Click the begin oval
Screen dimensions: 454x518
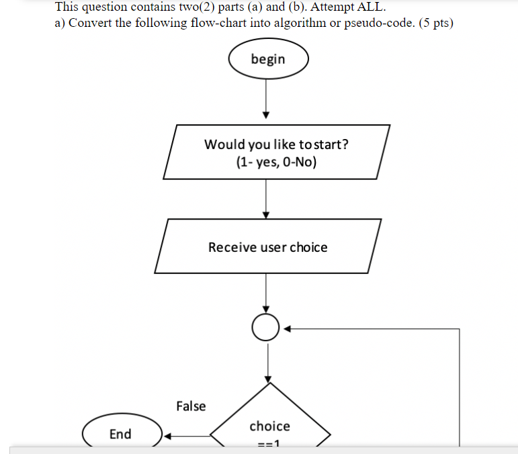coord(268,59)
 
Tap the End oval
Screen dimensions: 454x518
coord(122,433)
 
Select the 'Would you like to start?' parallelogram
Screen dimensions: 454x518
coord(276,152)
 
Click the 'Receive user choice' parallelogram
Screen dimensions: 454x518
coord(268,246)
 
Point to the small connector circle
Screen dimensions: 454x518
coord(266,328)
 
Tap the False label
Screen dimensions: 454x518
coord(191,406)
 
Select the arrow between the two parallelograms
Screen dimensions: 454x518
coord(267,199)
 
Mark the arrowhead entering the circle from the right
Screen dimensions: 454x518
coord(285,329)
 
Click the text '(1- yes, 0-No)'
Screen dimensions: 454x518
coord(276,162)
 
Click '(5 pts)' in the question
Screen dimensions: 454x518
coord(433,24)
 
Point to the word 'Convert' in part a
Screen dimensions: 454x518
coord(90,24)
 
